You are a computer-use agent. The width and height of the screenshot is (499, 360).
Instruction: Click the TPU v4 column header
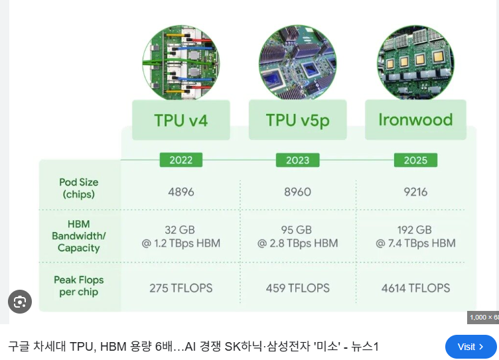tap(180, 120)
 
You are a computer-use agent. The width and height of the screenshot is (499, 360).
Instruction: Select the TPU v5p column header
tap(297, 120)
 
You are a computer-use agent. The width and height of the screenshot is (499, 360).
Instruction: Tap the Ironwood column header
tap(415, 120)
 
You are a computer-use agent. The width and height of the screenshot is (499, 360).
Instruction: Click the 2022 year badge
tap(180, 160)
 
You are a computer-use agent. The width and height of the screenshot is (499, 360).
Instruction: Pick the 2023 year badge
tap(297, 160)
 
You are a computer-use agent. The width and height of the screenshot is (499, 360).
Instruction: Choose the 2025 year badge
tap(415, 160)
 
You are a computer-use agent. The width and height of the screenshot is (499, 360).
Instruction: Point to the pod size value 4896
tap(180, 192)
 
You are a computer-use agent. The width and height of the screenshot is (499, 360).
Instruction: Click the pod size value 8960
tap(297, 192)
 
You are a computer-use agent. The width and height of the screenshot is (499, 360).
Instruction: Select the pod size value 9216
tap(415, 192)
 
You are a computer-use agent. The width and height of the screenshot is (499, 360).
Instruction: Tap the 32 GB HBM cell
tap(180, 237)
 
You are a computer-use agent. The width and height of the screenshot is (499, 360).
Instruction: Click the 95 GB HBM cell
tap(297, 237)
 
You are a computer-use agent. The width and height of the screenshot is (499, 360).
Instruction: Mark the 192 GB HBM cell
tap(415, 237)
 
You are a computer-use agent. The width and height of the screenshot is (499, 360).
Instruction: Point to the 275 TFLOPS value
tap(180, 288)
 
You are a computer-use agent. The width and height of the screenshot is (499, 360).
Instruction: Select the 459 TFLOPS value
tap(297, 288)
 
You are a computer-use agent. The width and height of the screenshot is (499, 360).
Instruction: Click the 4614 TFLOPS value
tap(415, 288)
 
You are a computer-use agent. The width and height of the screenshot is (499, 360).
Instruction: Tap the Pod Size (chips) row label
tap(78, 188)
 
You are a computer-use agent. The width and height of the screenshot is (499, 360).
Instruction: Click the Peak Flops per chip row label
tap(78, 286)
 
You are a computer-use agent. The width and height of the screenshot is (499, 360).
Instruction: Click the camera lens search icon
tap(20, 302)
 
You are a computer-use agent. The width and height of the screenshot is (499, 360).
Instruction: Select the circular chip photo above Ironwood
tap(415, 62)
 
